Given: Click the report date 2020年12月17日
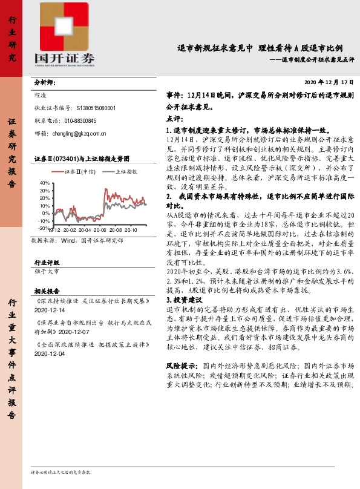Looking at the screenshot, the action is coord(329,82).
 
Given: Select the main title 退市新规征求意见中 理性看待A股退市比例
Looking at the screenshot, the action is coord(260,48).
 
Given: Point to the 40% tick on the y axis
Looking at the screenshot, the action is coord(45,182).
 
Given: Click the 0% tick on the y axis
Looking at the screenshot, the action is coord(47,214).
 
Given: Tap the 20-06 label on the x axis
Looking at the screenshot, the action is coord(100,231).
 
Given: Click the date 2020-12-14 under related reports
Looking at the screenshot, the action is coord(51,309).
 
